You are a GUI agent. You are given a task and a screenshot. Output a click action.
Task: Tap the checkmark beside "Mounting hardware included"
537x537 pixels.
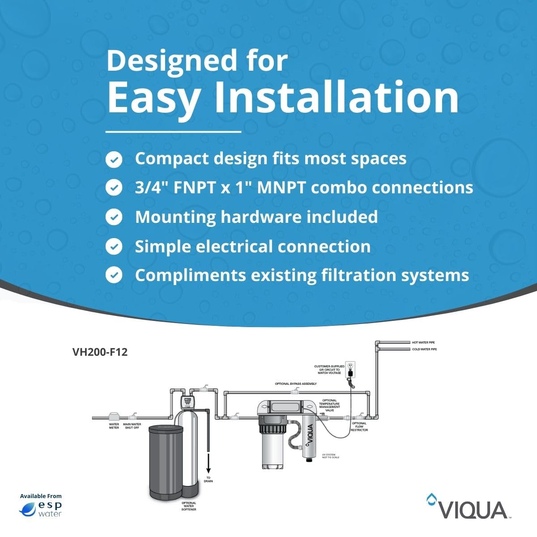[x=114, y=217]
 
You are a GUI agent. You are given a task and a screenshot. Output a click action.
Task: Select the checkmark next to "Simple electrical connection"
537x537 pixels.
[x=114, y=247]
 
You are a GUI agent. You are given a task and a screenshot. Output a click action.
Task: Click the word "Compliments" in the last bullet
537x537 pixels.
[x=190, y=275]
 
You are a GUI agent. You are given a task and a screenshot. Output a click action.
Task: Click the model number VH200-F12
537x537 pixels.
[x=100, y=352]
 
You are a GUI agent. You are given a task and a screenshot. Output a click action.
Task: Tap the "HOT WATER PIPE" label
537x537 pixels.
[x=423, y=342]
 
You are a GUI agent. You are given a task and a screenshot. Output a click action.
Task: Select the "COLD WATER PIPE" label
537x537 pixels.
[x=424, y=349]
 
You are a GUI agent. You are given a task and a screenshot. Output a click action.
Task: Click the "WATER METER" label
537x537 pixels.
[x=114, y=426]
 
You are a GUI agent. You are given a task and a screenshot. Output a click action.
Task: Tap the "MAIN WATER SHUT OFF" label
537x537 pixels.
[x=132, y=426]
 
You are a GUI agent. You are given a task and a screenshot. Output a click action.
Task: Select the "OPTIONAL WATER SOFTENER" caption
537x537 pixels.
[x=188, y=506]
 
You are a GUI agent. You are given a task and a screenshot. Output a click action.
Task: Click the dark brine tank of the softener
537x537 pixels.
[x=165, y=461]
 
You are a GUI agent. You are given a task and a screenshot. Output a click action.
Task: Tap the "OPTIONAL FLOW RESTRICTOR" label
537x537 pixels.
[x=359, y=426]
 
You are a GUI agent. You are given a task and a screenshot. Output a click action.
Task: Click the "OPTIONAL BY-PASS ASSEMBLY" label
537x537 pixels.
[x=296, y=384]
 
